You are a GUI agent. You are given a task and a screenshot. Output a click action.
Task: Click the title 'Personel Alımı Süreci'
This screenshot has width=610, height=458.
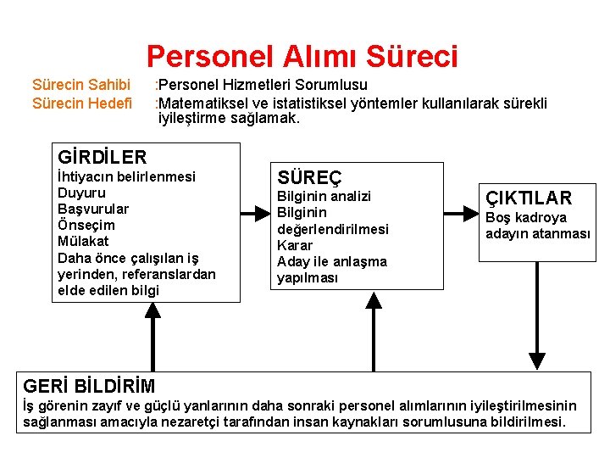point(302,57)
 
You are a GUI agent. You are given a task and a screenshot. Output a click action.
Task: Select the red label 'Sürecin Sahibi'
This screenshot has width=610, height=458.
point(81,85)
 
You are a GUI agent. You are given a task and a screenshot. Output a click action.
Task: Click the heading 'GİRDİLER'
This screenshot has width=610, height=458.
point(102,157)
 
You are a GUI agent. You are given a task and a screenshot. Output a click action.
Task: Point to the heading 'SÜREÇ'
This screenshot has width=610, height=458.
point(310,178)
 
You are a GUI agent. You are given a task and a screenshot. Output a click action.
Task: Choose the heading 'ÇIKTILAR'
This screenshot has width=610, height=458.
point(529,198)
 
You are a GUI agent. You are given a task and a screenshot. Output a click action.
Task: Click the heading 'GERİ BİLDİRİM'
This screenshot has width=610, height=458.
point(90,386)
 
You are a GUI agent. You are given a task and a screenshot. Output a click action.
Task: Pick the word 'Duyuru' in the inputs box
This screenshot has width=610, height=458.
point(79,193)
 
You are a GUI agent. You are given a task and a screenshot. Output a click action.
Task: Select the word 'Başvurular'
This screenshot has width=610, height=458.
point(93,209)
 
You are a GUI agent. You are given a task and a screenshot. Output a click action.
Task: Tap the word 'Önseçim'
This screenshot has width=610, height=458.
point(86,225)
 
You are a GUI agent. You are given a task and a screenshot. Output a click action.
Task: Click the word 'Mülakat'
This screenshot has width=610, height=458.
point(83,241)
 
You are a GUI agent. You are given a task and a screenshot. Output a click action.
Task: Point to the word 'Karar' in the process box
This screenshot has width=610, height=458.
point(295,245)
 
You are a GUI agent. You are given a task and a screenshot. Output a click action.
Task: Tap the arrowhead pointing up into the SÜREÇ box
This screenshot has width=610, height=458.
point(373,301)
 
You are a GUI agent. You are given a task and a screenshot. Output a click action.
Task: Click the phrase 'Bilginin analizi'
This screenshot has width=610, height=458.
point(324,196)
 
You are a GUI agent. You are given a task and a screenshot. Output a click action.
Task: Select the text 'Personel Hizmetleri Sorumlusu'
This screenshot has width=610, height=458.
point(263,85)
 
